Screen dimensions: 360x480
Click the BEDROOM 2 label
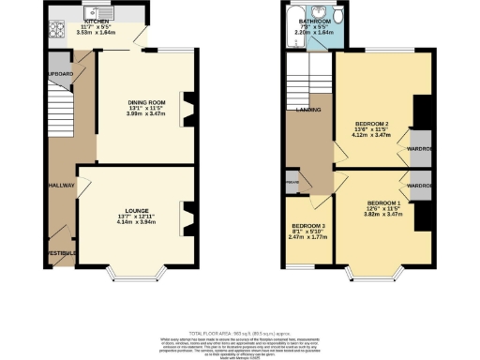(372, 123)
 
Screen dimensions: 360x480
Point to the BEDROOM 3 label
(308, 227)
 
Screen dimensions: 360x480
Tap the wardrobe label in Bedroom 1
(418, 186)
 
